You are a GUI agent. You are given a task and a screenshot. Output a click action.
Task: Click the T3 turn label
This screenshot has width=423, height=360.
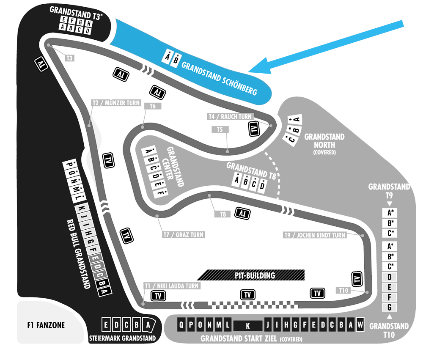[x=69, y=58]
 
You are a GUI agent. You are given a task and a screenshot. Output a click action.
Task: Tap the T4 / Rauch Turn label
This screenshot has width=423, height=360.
[x=231, y=117]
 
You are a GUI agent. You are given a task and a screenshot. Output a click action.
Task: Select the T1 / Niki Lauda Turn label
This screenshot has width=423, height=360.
[x=172, y=286]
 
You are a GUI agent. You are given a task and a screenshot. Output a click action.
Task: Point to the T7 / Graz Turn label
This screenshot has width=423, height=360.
[x=184, y=235]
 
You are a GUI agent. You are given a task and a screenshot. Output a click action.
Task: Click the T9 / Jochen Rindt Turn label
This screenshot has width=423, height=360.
[x=315, y=235]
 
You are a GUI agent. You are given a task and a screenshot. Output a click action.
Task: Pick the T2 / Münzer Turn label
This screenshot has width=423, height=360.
[x=116, y=103]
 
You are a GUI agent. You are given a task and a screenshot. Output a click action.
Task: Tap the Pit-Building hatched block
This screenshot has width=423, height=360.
[x=251, y=275]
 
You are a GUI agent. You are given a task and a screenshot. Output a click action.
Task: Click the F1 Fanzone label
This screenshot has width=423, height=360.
[x=46, y=325]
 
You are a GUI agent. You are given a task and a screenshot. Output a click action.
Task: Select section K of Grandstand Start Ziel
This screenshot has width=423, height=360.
[x=247, y=326]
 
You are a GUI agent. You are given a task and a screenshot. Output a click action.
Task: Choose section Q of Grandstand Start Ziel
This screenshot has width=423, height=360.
[x=181, y=324]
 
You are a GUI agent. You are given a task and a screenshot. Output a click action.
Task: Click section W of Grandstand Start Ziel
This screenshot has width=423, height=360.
[x=360, y=324]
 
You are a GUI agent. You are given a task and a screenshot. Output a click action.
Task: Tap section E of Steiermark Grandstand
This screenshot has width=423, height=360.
[x=106, y=325]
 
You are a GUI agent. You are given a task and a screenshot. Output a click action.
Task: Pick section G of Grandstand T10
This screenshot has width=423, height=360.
[x=389, y=307]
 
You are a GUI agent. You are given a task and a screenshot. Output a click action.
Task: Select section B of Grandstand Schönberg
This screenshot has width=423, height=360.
[x=176, y=60]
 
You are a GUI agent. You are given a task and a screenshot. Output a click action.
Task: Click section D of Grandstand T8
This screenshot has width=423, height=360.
[x=262, y=185]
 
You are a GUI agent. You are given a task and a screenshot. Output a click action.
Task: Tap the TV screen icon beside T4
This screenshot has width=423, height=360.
[x=254, y=129]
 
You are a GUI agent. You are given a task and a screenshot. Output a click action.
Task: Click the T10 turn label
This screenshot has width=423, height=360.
[x=343, y=290]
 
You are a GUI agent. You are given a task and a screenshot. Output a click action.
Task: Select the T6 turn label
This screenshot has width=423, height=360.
[x=153, y=106]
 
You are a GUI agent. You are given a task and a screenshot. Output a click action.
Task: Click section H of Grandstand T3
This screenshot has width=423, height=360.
[x=88, y=24]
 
